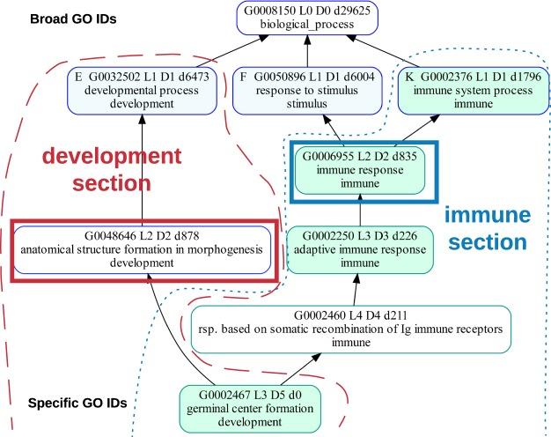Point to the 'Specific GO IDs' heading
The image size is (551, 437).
77,404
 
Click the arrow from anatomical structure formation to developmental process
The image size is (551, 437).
143,172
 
